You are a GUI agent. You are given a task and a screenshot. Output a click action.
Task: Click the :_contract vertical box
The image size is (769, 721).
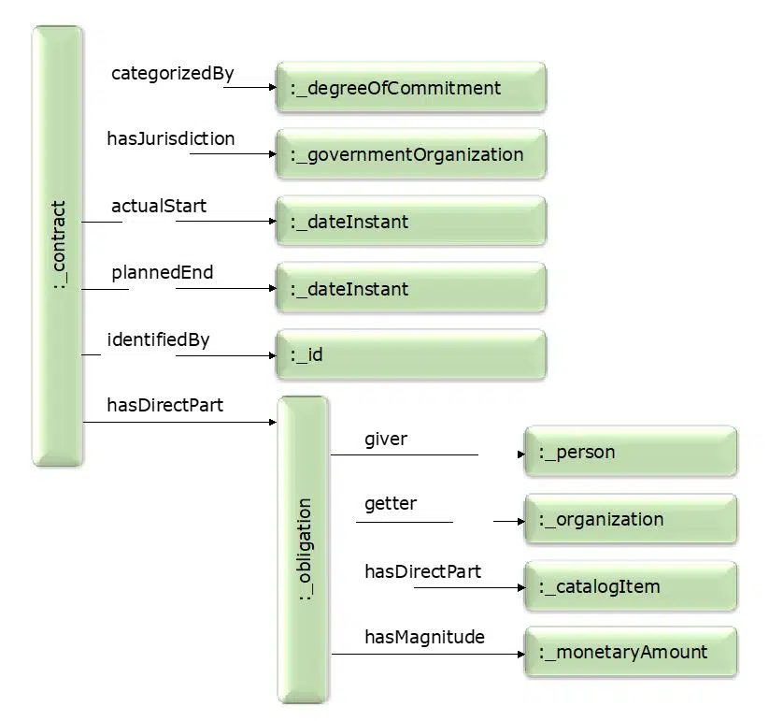(57, 246)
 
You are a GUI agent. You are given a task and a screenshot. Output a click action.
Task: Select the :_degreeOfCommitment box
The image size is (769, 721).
(411, 87)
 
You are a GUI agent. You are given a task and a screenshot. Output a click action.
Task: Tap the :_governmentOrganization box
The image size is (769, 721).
(411, 154)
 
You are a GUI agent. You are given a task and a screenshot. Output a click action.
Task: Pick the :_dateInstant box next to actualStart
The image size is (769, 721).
(411, 221)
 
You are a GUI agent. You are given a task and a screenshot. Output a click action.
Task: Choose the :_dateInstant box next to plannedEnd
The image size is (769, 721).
(411, 288)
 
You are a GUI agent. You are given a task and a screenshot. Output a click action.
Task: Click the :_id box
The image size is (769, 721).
(411, 354)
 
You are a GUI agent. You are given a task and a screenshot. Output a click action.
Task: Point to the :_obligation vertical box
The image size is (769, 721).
(304, 550)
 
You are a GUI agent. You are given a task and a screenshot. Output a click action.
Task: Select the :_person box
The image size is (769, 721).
(631, 452)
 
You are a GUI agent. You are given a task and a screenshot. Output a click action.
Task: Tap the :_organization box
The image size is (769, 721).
(631, 519)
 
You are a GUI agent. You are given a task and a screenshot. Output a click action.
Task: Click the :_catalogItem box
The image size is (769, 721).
(631, 586)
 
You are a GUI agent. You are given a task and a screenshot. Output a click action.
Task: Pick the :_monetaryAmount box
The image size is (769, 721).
(631, 653)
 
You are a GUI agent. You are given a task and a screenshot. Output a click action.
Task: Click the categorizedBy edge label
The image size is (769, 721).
(173, 74)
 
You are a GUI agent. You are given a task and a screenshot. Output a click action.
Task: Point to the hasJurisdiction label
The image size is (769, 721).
(171, 139)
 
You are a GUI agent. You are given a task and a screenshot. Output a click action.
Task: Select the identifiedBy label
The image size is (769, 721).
(159, 339)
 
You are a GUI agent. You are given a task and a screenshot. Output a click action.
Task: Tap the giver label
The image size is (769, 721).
(386, 440)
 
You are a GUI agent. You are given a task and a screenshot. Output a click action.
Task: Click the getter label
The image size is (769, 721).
(391, 504)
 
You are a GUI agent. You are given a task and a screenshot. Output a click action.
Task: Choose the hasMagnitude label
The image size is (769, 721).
(425, 637)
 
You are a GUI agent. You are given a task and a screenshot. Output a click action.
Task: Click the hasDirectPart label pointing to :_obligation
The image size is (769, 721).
(164, 405)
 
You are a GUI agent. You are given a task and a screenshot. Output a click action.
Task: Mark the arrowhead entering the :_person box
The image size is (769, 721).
(521, 454)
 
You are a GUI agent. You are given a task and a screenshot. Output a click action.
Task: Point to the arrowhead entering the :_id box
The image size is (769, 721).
(273, 355)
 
